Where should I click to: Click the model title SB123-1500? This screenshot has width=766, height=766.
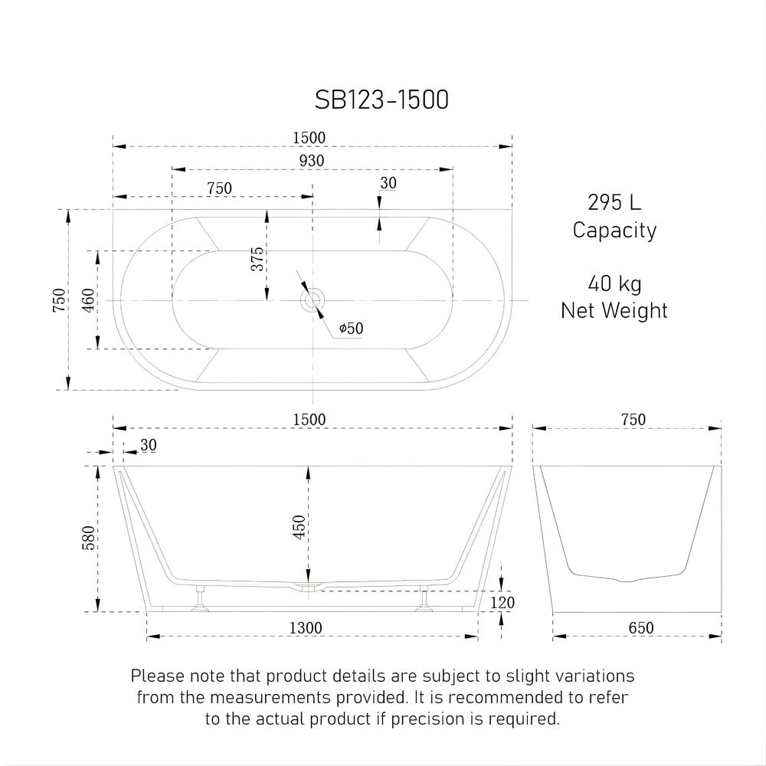[381, 100]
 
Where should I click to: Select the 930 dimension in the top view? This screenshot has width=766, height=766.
[312, 160]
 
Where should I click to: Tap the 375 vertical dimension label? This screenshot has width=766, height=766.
[258, 260]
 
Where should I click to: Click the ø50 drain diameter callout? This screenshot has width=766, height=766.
[350, 329]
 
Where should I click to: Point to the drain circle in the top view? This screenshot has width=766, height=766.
[313, 300]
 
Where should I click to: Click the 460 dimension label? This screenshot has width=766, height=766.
[89, 300]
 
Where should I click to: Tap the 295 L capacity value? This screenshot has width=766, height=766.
[614, 203]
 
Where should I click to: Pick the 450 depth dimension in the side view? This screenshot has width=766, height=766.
[300, 527]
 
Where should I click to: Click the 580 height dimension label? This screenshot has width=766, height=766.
[89, 538]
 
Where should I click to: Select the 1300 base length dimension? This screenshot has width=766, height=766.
[306, 628]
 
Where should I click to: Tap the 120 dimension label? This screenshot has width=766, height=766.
[502, 603]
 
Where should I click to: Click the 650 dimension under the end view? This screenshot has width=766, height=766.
[640, 628]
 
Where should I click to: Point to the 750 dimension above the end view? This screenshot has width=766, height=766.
[632, 420]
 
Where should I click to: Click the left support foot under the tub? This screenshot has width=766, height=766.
[201, 602]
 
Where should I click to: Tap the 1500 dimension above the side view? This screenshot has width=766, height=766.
[312, 420]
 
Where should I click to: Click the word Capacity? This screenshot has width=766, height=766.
[614, 230]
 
